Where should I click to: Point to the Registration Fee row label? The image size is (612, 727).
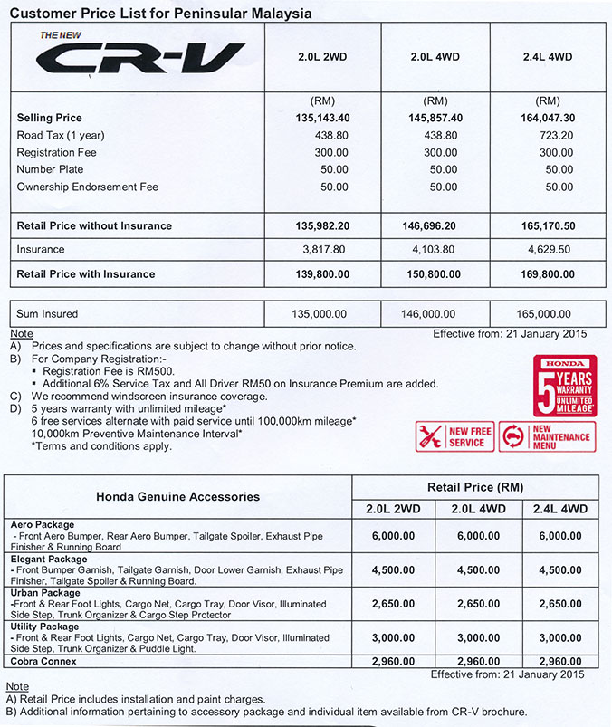[x=56, y=152]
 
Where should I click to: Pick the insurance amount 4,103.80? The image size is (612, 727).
[x=436, y=249]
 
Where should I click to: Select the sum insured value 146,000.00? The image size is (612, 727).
[x=436, y=313]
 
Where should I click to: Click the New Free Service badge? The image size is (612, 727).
[x=455, y=437]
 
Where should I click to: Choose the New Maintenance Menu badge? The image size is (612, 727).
[x=548, y=437]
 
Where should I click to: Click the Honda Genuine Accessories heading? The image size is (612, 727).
[x=177, y=496]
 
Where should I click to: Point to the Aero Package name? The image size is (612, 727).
[x=43, y=525]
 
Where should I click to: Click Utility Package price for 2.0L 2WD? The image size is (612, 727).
[x=392, y=637]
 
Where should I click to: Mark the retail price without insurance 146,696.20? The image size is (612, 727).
[x=436, y=225]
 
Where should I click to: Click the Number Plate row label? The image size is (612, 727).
[x=51, y=169]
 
